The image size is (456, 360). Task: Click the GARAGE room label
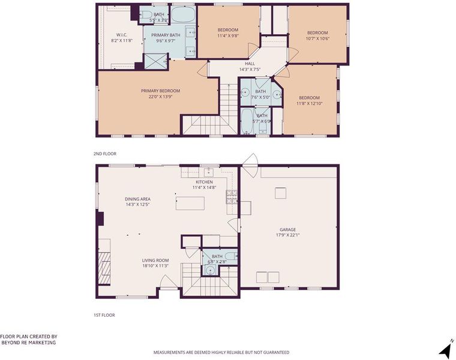[x=287, y=230]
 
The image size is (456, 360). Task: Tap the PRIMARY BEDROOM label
[x=161, y=91]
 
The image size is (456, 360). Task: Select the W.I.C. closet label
[x=122, y=35]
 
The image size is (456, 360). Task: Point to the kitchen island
[x=190, y=203]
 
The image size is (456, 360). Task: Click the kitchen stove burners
[x=232, y=197]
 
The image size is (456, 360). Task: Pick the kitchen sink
[x=209, y=172]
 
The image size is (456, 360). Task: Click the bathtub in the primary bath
[x=183, y=14]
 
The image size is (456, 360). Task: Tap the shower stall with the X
[x=156, y=61]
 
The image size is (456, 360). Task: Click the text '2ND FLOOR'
[x=104, y=154]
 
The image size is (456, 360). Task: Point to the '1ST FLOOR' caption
[x=104, y=315]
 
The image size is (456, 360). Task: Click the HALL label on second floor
[x=250, y=64]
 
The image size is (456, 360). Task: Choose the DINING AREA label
[x=137, y=199]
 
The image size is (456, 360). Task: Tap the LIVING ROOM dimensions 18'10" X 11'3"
[x=155, y=266]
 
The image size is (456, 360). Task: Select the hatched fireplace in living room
[x=104, y=268]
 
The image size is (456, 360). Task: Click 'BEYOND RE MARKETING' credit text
[x=29, y=343]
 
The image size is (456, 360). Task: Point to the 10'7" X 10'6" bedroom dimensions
[x=317, y=38]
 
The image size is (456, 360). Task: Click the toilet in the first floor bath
[x=232, y=256]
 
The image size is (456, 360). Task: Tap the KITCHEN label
[x=204, y=182]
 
